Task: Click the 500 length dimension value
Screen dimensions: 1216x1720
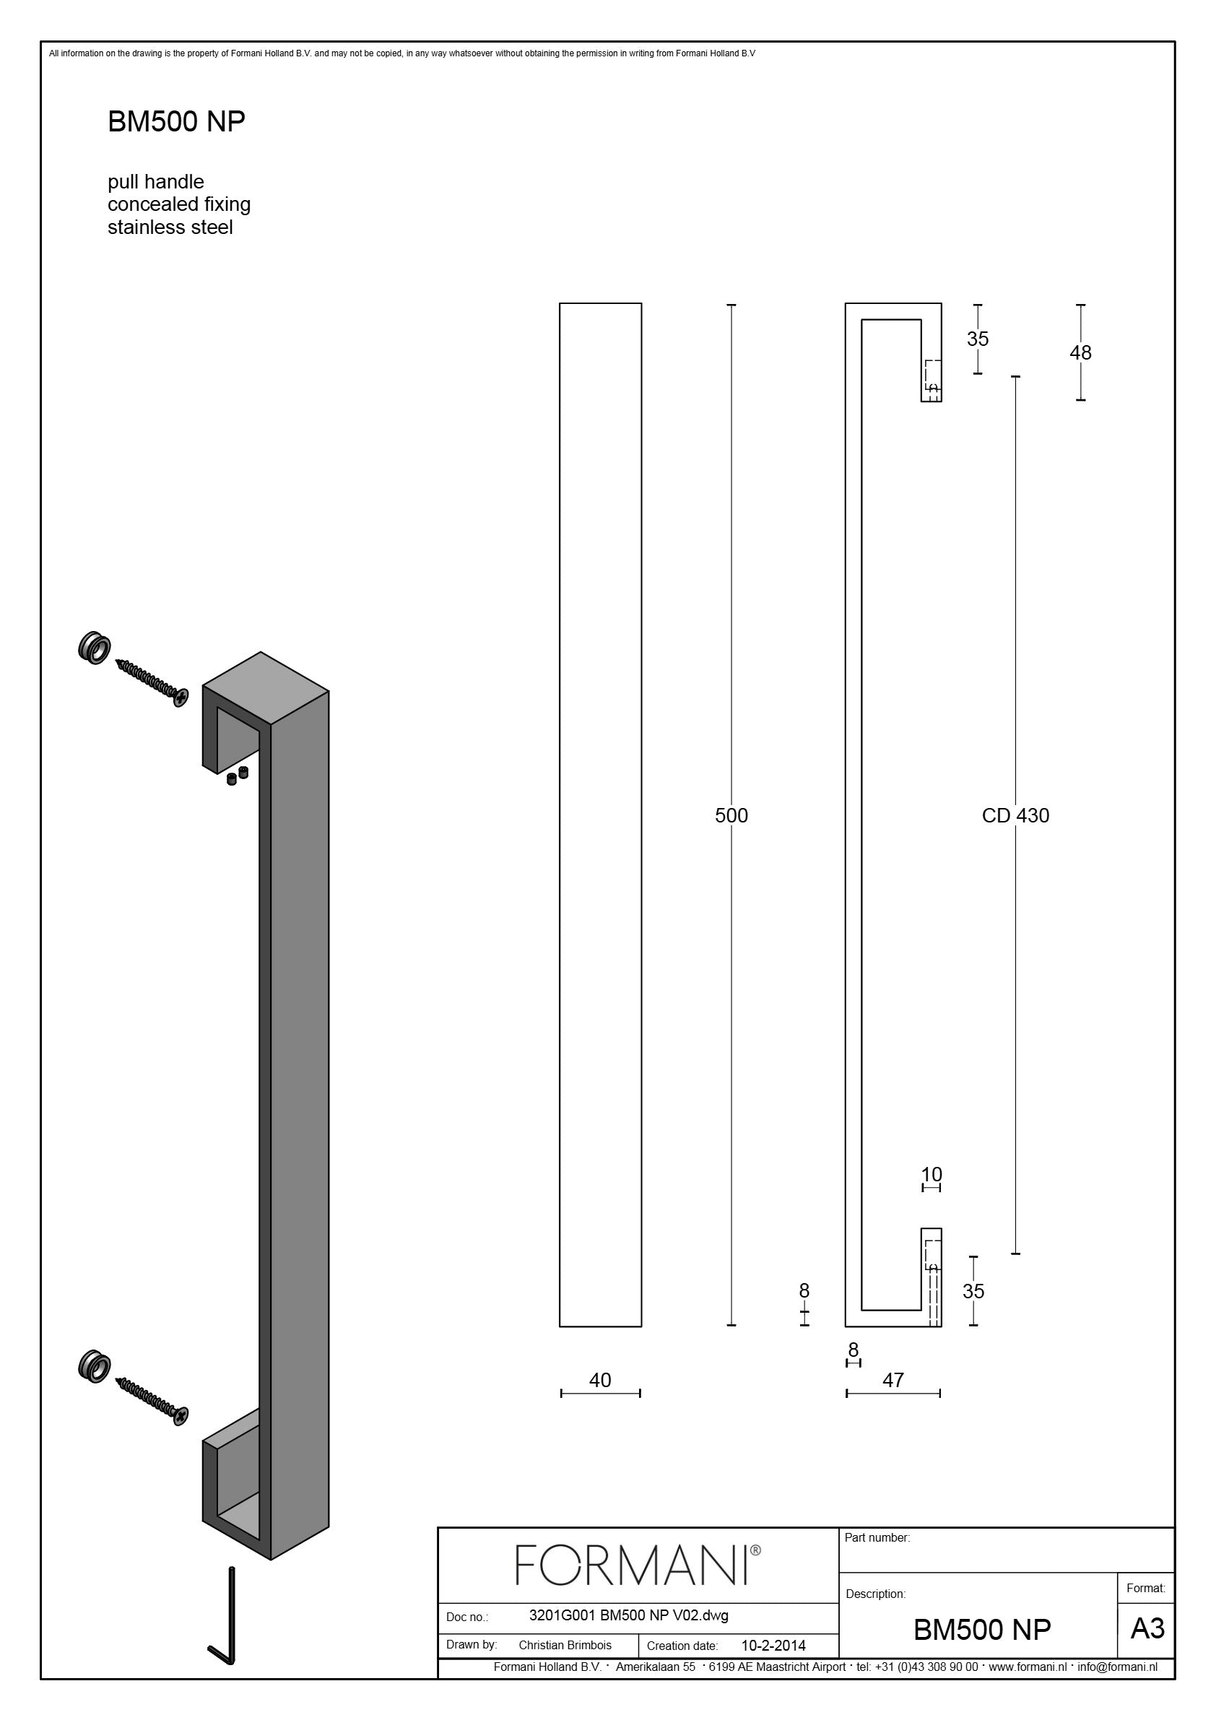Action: (x=731, y=815)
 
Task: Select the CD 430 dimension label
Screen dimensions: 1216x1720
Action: (x=1015, y=815)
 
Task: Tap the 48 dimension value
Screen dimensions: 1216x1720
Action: (x=1080, y=352)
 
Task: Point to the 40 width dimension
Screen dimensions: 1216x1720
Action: (x=600, y=1380)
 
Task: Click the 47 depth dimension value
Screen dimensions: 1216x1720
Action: (x=893, y=1380)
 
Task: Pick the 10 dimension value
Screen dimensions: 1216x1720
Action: (x=931, y=1175)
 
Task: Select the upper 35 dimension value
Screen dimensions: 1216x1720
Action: (x=978, y=339)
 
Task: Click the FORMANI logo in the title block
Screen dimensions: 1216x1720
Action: (x=638, y=1565)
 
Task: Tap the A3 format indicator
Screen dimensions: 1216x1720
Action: (x=1147, y=1628)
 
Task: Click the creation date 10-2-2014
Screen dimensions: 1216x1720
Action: (x=773, y=1646)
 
